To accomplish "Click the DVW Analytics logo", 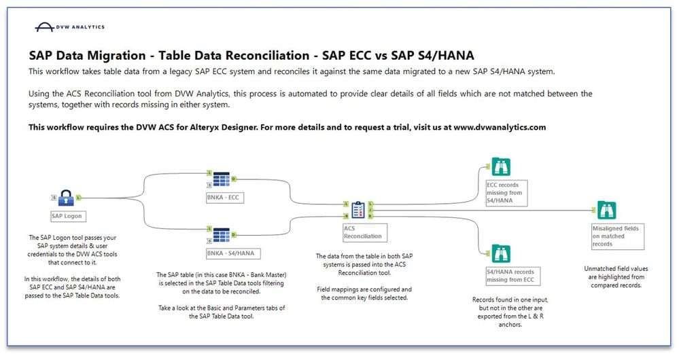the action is [70, 26].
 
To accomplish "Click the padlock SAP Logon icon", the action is [66, 198].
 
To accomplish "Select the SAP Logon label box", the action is [68, 216].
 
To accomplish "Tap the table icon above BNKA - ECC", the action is [222, 179].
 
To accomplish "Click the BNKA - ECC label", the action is [225, 197].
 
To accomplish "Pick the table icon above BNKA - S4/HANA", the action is [222, 235].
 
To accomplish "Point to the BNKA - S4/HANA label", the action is [233, 253].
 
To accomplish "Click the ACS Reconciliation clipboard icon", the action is [358, 210].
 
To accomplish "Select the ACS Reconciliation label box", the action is [365, 232].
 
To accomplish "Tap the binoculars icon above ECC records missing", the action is [501, 166].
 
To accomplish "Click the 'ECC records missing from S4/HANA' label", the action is [506, 192].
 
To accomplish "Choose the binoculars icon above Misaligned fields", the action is [606, 210].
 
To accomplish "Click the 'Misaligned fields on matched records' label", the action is [618, 236].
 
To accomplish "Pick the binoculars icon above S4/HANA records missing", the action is [501, 253].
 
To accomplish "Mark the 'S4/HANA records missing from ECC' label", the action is [513, 276].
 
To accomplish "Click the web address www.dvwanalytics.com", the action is [500, 127].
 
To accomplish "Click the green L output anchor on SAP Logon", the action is [78, 198].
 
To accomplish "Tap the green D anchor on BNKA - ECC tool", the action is [234, 179].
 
